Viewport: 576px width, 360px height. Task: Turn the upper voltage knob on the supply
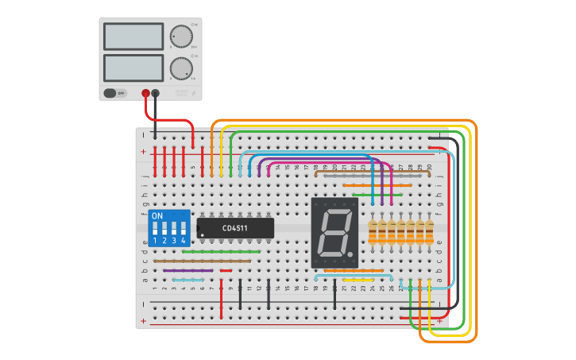(x=180, y=37)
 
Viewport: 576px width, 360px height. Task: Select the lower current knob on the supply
(x=180, y=68)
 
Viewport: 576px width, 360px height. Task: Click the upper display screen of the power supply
(x=133, y=37)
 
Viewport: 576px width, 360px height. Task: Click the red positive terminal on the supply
(x=145, y=93)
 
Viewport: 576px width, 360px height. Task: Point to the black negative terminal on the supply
(x=156, y=93)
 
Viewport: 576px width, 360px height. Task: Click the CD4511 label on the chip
(x=234, y=229)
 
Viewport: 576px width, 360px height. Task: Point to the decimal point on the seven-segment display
(x=351, y=254)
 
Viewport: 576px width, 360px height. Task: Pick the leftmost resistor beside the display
(x=373, y=233)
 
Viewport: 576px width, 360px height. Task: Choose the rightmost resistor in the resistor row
(x=430, y=233)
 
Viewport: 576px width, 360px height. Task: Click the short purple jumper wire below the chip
(x=188, y=270)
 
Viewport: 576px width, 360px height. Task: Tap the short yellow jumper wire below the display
(x=358, y=280)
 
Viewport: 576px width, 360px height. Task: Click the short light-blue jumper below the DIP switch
(x=188, y=280)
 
